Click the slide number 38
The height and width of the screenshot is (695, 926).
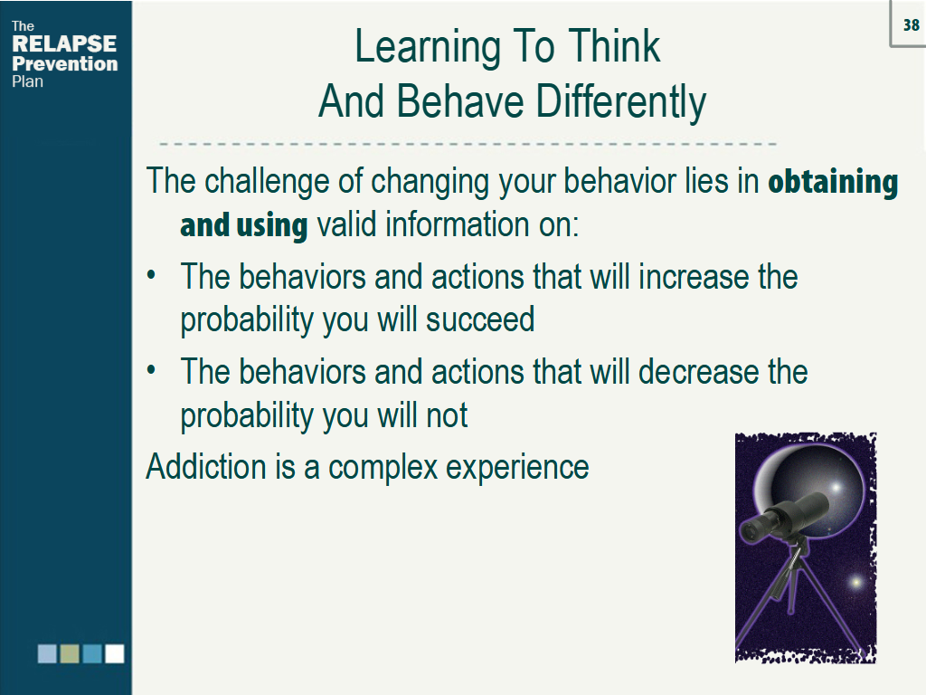pos(911,25)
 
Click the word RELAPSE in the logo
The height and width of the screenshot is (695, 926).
pos(64,44)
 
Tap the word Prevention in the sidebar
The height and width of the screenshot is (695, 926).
pos(65,63)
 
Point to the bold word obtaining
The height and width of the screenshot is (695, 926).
pos(833,182)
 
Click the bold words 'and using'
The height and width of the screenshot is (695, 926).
pos(244,224)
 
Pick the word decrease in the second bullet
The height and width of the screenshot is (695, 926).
pos(699,372)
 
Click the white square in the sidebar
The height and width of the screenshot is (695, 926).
pos(114,653)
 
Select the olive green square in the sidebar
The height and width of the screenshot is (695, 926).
pos(70,653)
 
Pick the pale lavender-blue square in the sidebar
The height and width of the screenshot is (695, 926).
pos(47,653)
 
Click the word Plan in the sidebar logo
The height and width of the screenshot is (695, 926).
pos(27,81)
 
